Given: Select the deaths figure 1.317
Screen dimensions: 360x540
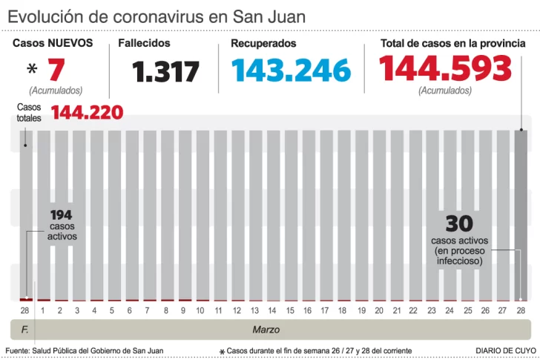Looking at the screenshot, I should (166, 72).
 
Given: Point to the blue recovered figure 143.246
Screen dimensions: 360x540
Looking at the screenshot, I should (291, 71).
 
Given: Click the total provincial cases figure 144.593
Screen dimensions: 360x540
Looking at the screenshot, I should (445, 69).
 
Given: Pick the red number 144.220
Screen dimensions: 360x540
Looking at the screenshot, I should (87, 113).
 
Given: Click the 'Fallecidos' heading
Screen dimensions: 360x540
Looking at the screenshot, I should (144, 43).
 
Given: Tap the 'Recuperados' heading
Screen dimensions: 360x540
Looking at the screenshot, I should (263, 43).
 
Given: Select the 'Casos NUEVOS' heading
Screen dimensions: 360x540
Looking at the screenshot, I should (53, 43).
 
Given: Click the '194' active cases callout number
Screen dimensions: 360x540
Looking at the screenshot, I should (62, 215).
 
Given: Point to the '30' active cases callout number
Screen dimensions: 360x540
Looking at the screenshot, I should (459, 223).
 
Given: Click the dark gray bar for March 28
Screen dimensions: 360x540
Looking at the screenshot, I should (521, 215).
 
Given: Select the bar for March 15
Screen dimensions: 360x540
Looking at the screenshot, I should (290, 215).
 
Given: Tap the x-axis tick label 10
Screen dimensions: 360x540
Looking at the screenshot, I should (200, 310).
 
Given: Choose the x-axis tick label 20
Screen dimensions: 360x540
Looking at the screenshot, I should (379, 310).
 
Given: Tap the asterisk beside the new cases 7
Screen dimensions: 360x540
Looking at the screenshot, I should (32, 71).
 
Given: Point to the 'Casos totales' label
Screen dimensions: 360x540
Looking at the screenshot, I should (30, 112).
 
